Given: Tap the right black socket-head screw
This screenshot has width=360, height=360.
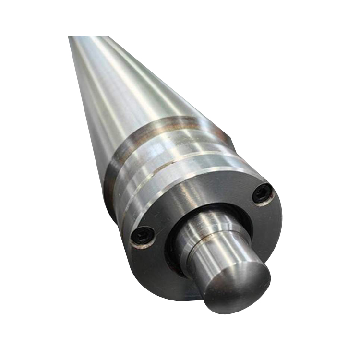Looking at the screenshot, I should pyautogui.click(x=263, y=193).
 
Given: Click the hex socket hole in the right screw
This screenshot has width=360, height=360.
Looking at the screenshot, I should pyautogui.click(x=263, y=193).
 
